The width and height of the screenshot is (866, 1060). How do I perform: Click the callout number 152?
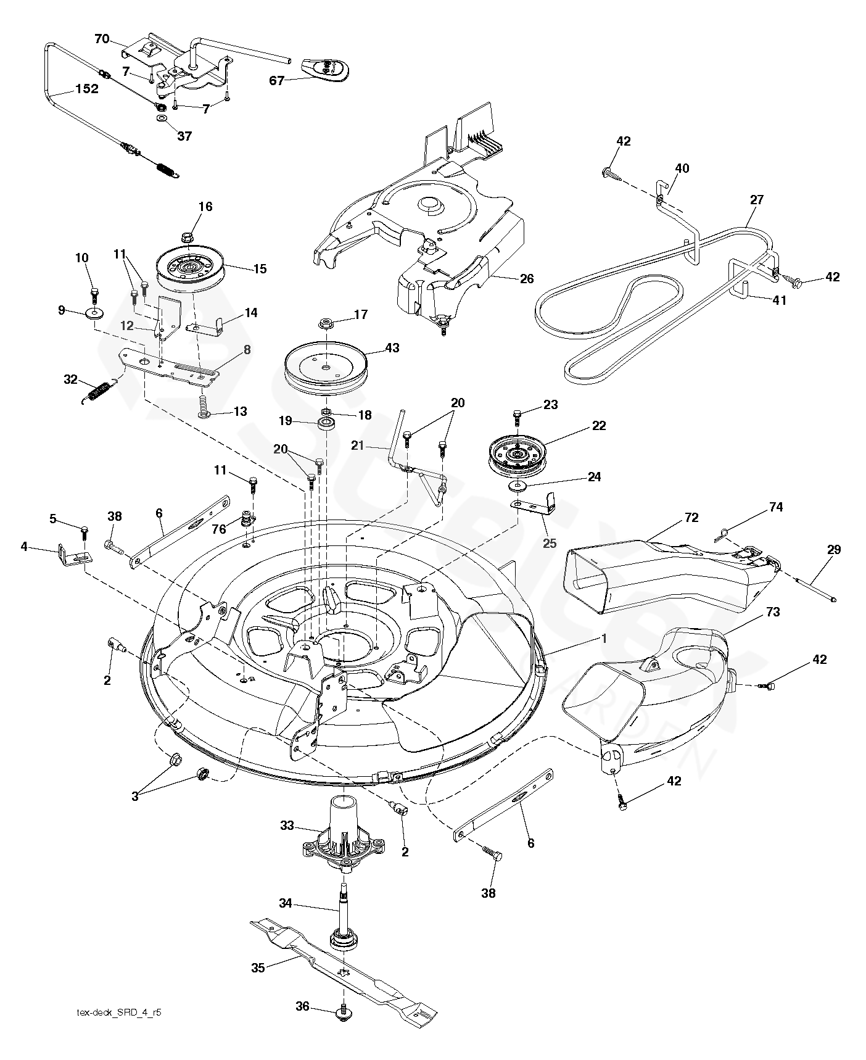coord(86,89)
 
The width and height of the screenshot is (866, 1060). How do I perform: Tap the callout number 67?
coord(278,80)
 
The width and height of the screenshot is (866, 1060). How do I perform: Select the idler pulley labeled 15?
coord(192,270)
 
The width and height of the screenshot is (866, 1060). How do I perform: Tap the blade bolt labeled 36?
coord(343,1011)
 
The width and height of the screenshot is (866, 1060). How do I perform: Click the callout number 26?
coord(526,279)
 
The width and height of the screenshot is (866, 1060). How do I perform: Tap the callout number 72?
coord(691,518)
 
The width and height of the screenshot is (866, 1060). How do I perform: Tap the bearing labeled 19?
coord(326,424)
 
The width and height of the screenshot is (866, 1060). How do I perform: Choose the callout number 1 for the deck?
coord(604,639)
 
